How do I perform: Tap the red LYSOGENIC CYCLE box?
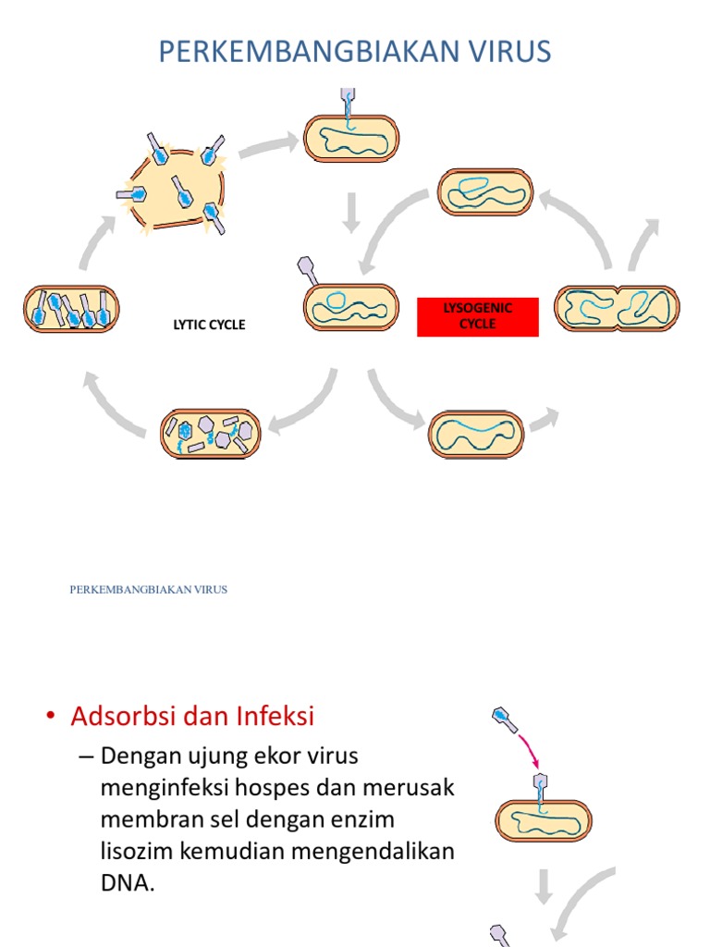click(x=477, y=316)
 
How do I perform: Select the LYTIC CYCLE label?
click(x=210, y=326)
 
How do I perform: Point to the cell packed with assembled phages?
click(x=71, y=309)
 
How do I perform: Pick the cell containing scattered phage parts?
click(x=211, y=434)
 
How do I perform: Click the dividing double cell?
click(x=617, y=309)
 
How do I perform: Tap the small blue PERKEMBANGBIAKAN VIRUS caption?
click(x=149, y=589)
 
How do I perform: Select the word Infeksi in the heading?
click(x=275, y=716)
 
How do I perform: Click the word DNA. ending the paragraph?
click(x=129, y=882)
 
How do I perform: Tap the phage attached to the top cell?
click(x=348, y=106)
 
